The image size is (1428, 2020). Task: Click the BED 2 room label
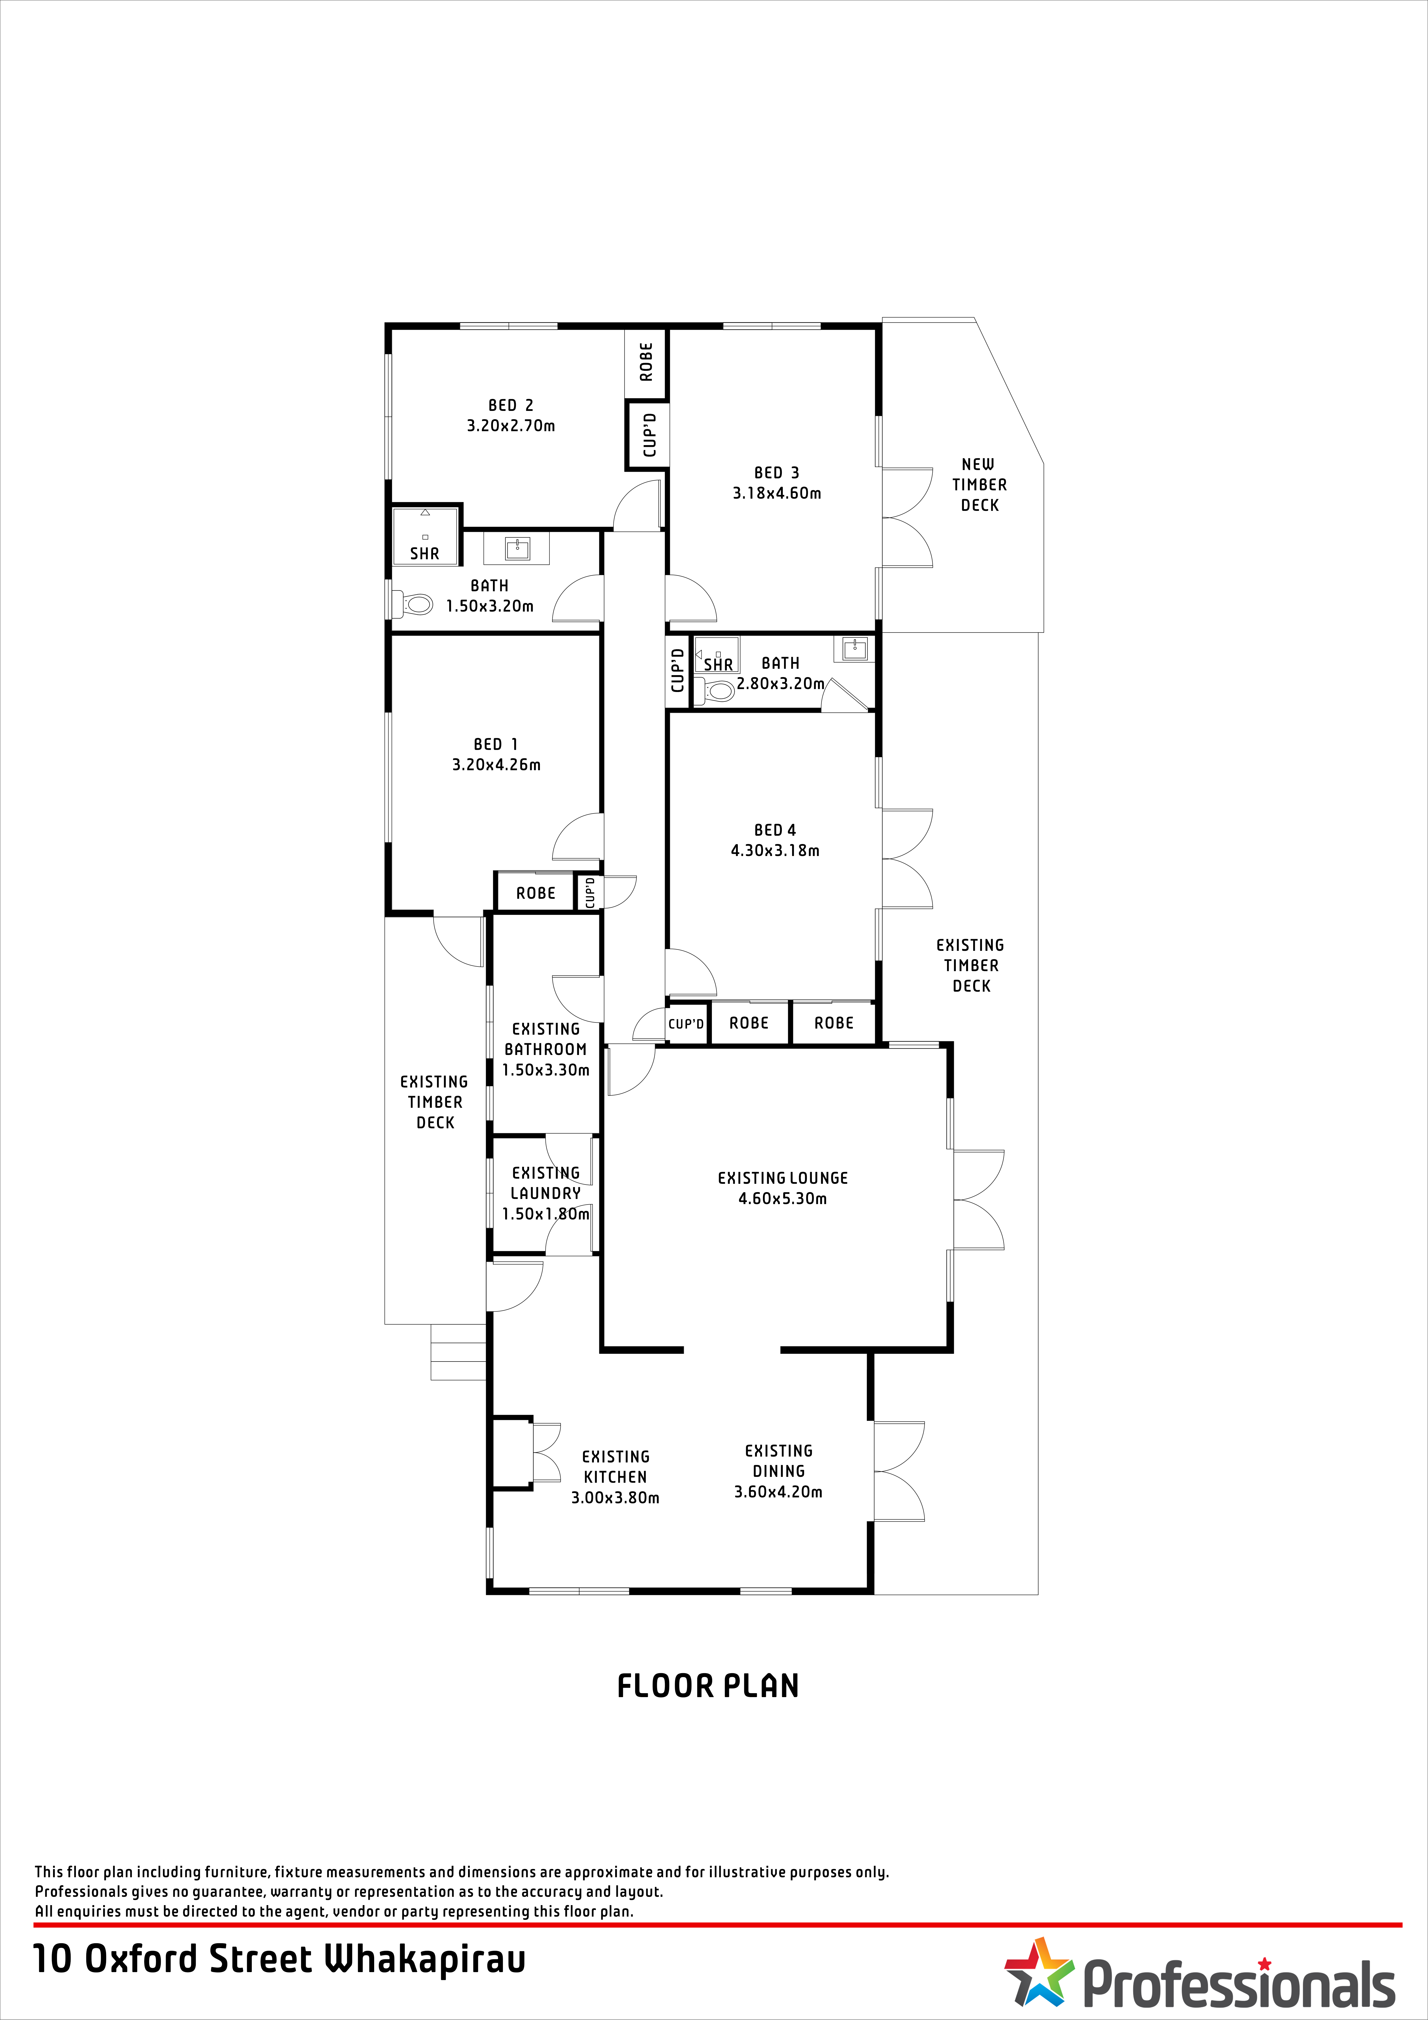[511, 406]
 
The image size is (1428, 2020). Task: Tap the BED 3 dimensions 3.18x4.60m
[777, 494]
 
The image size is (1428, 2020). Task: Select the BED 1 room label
[496, 744]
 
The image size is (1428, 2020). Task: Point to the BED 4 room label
[775, 830]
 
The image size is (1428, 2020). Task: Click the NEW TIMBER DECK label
[979, 485]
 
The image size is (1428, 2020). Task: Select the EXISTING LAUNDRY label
[545, 1183]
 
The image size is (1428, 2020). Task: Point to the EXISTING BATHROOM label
[545, 1039]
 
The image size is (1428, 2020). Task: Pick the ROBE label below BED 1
[536, 893]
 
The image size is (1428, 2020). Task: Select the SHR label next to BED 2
[424, 553]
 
